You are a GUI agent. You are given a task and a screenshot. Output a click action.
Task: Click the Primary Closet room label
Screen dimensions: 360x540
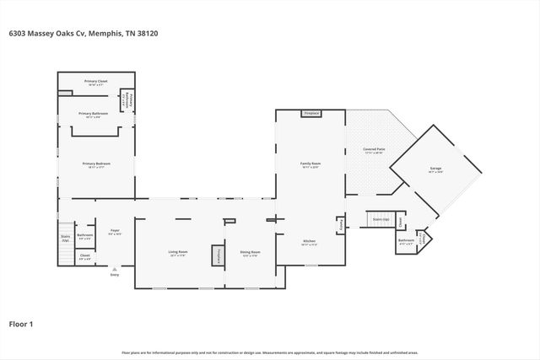pos(93,83)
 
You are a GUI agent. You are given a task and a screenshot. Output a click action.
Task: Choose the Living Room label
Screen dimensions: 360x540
pos(176,252)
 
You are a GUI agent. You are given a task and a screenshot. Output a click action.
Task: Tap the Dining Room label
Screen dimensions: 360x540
pos(250,252)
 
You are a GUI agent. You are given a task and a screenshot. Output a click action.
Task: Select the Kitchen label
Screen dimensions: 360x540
pos(310,242)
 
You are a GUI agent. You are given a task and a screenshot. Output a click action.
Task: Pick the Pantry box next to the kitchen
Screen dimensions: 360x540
pos(340,226)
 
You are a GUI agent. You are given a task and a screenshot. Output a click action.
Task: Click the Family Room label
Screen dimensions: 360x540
pos(310,164)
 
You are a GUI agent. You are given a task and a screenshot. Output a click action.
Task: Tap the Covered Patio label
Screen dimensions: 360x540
pos(373,151)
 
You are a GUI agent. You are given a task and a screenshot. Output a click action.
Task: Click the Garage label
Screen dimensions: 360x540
pos(435,169)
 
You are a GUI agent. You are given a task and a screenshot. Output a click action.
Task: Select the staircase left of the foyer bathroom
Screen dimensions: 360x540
pos(65,243)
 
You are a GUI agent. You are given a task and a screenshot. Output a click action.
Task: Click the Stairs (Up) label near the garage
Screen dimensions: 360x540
pos(381,219)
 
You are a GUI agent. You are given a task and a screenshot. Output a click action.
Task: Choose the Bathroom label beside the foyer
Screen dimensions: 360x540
pos(85,236)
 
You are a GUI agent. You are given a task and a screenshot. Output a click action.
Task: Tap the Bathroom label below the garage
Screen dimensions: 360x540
pos(406,242)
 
